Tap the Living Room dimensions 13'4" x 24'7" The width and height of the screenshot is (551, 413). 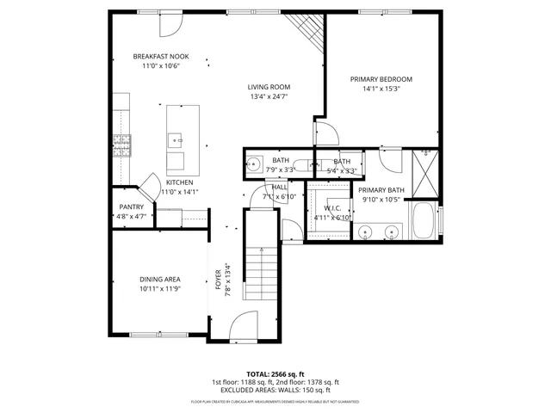[269, 96]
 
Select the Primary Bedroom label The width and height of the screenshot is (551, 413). [381, 79]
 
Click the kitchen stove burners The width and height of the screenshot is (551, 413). [120, 145]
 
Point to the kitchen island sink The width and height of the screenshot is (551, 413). [175, 137]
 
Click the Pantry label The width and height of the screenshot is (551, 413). [131, 206]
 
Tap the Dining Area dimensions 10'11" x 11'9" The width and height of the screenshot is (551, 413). [159, 288]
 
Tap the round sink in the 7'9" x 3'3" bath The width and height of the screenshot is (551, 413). [255, 164]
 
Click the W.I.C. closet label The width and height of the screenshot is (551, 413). [331, 208]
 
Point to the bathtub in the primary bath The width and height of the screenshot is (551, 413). [424, 222]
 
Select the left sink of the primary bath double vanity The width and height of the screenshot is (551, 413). [366, 231]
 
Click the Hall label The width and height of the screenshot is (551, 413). [280, 187]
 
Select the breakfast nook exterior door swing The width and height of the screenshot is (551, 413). [170, 23]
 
